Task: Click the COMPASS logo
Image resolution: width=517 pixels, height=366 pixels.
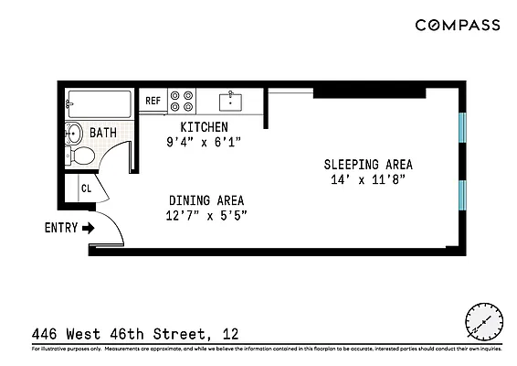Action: (x=458, y=26)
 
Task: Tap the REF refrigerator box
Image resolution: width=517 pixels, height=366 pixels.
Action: (x=153, y=102)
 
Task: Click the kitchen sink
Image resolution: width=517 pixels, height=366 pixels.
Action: (x=232, y=100)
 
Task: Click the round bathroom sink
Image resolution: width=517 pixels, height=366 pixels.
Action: (x=75, y=134)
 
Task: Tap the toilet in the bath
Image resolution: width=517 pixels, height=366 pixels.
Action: (x=81, y=156)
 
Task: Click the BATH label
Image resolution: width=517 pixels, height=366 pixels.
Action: (x=102, y=134)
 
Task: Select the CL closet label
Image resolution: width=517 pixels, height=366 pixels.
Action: (x=86, y=188)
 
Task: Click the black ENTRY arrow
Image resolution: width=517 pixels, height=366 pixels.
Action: (x=89, y=228)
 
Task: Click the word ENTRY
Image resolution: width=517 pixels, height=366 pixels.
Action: (x=60, y=228)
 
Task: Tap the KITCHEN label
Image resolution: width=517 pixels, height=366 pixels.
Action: (x=204, y=126)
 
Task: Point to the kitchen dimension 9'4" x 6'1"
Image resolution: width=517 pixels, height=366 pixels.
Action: (x=204, y=142)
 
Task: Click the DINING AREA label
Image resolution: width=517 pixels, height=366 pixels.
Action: (x=206, y=199)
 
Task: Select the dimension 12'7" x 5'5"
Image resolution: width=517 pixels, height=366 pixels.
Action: (x=206, y=215)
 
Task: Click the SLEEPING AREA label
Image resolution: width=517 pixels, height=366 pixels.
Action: (x=368, y=165)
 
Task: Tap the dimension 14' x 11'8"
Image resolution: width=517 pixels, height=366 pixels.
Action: (x=368, y=180)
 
